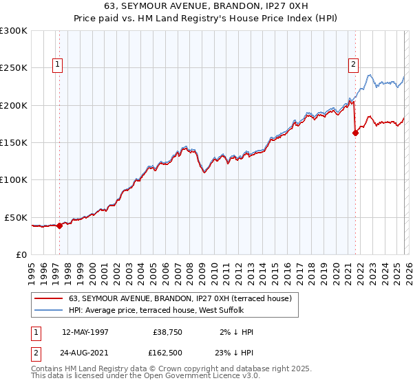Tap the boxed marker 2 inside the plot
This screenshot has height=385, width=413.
pos(354,65)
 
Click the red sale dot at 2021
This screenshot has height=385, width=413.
pos(356,133)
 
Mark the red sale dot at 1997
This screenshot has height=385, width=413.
pos(60,225)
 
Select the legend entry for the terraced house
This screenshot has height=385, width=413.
pos(180,298)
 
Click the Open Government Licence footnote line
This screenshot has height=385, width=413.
pos(145,376)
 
